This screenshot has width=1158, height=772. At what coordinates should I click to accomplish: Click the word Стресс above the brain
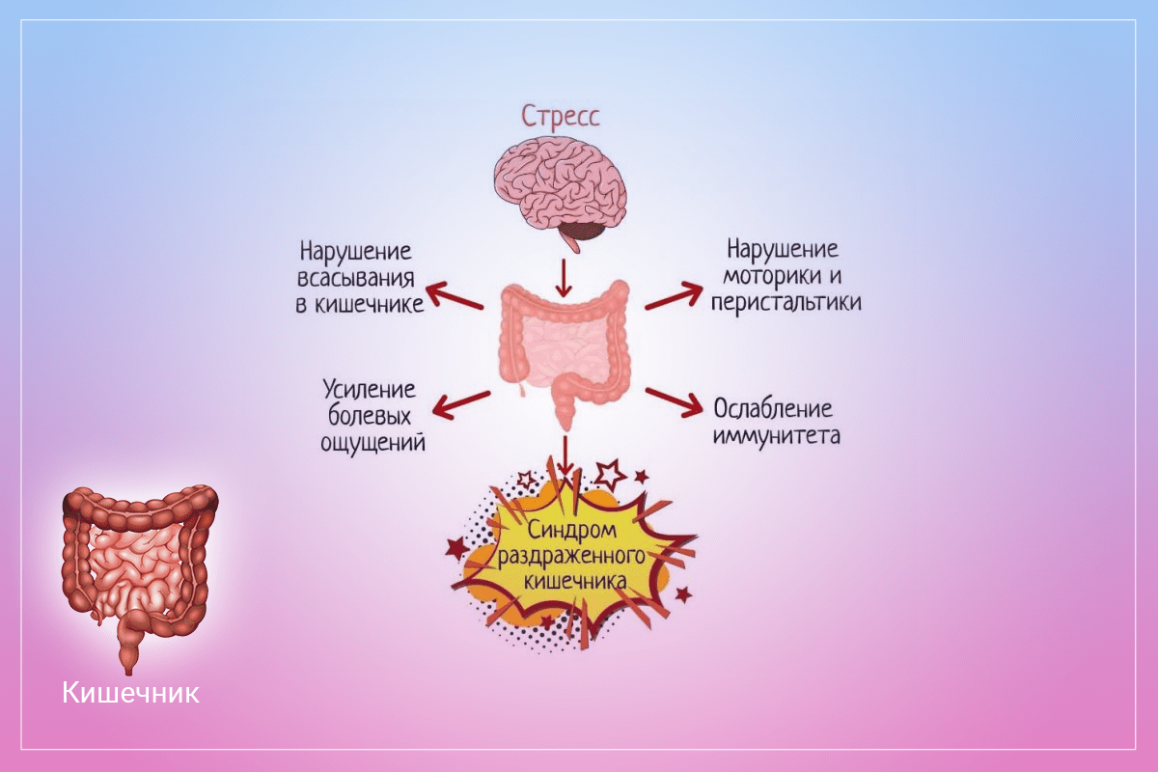pyautogui.click(x=561, y=117)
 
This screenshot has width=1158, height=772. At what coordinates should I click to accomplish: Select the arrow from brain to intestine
pyautogui.click(x=565, y=276)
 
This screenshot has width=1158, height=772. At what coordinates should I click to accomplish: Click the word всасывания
pyautogui.click(x=355, y=279)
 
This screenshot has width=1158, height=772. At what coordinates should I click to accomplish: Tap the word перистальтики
pyautogui.click(x=785, y=302)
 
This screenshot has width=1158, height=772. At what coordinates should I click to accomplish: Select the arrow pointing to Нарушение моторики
pyautogui.click(x=674, y=296)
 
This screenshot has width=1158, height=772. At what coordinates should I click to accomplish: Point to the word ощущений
pyautogui.click(x=372, y=443)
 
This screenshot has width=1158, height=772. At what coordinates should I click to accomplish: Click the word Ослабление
pyautogui.click(x=773, y=407)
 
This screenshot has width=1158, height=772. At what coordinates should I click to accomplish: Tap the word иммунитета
pyautogui.click(x=777, y=435)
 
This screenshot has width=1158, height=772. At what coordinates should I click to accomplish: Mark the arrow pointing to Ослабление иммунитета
pyautogui.click(x=674, y=401)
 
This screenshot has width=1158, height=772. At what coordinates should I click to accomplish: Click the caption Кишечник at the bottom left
pyautogui.click(x=131, y=692)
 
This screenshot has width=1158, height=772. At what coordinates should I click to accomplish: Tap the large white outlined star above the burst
pyautogui.click(x=610, y=473)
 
